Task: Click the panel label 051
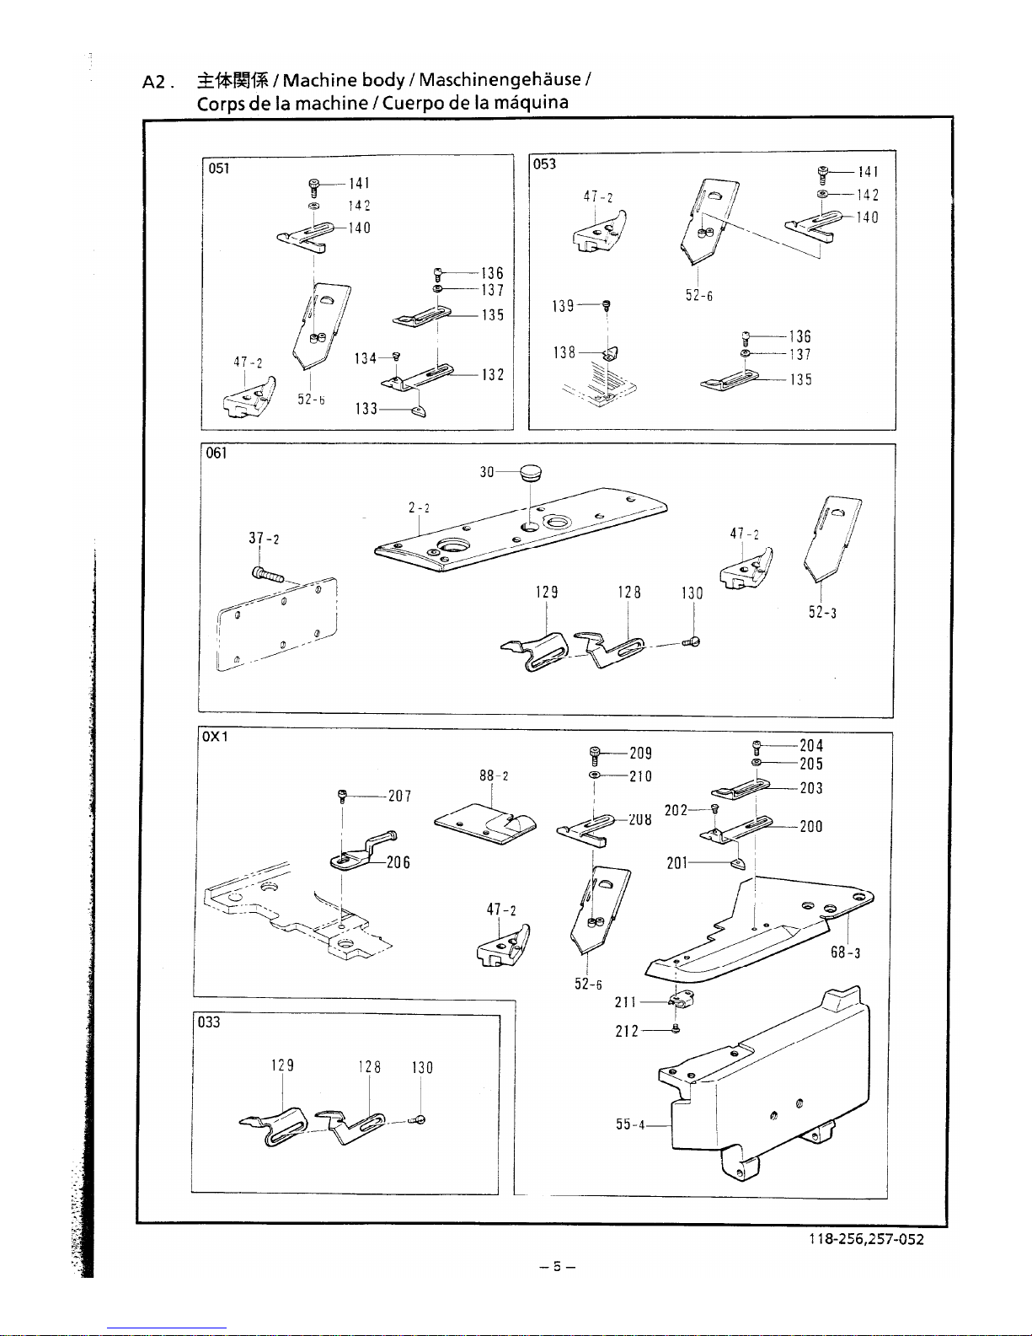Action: pyautogui.click(x=219, y=168)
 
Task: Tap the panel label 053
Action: pyautogui.click(x=545, y=164)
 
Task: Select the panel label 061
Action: pyautogui.click(x=217, y=453)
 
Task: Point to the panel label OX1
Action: pyautogui.click(x=214, y=737)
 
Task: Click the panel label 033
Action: pyautogui.click(x=208, y=1022)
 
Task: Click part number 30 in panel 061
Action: pyautogui.click(x=487, y=472)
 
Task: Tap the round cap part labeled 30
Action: pyautogui.click(x=531, y=473)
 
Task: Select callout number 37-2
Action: pyautogui.click(x=264, y=539)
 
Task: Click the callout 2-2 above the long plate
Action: pyautogui.click(x=419, y=507)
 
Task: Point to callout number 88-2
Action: pyautogui.click(x=494, y=775)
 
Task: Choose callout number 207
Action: pyautogui.click(x=399, y=796)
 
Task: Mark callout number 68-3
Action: pyautogui.click(x=846, y=953)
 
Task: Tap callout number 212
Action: pyautogui.click(x=627, y=1031)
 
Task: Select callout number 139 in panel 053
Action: pyautogui.click(x=563, y=305)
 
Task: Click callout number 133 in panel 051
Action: pyautogui.click(x=366, y=409)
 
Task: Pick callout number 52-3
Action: pyautogui.click(x=822, y=612)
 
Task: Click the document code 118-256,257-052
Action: pyautogui.click(x=866, y=1239)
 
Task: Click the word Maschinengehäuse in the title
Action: pyautogui.click(x=500, y=80)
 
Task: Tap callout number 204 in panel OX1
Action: pyautogui.click(x=811, y=745)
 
